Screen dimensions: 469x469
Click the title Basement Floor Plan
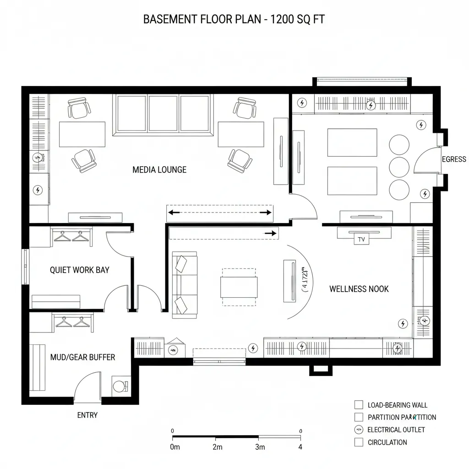click(234, 19)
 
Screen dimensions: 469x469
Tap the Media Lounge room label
click(159, 169)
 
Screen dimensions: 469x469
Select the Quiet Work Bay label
click(80, 270)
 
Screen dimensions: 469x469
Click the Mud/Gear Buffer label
click(82, 357)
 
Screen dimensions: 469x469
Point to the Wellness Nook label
click(359, 289)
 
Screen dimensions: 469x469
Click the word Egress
click(454, 159)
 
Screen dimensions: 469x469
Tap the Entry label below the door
click(87, 415)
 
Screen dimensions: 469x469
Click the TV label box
click(361, 239)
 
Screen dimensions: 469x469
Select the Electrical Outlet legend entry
click(396, 430)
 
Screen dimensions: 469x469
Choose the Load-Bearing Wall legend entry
click(397, 405)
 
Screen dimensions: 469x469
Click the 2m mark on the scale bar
click(218, 447)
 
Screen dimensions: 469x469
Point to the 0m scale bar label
click(175, 447)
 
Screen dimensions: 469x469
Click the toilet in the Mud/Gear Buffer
click(120, 386)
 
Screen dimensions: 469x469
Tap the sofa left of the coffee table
click(184, 284)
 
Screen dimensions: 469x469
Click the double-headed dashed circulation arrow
click(219, 212)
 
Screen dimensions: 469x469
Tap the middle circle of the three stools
click(399, 166)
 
